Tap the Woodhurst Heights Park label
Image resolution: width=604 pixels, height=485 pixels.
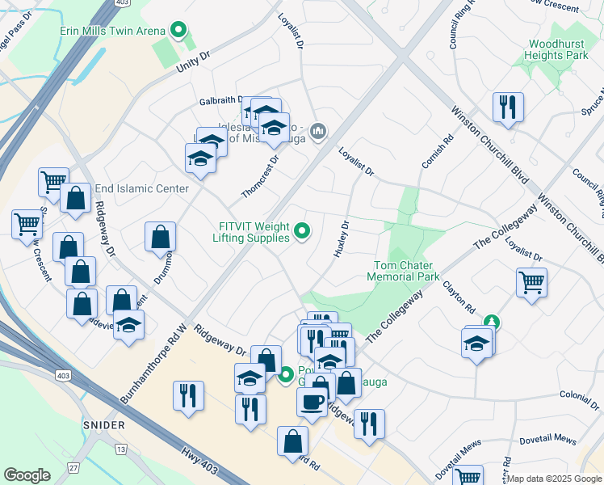pyautogui.click(x=558, y=49)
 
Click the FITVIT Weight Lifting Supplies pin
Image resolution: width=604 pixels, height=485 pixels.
pyautogui.click(x=303, y=232)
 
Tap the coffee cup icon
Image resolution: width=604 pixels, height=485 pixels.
pyautogui.click(x=312, y=402)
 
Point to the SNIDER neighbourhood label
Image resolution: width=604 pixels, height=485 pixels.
pyautogui.click(x=103, y=425)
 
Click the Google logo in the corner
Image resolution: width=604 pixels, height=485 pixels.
pyautogui.click(x=27, y=475)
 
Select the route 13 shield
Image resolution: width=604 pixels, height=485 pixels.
pyautogui.click(x=121, y=449)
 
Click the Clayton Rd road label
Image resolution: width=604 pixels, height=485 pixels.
pyautogui.click(x=458, y=298)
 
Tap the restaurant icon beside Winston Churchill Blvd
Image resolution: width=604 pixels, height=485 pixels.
pyautogui.click(x=508, y=106)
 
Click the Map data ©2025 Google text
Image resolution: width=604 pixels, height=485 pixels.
pyautogui.click(x=555, y=479)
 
